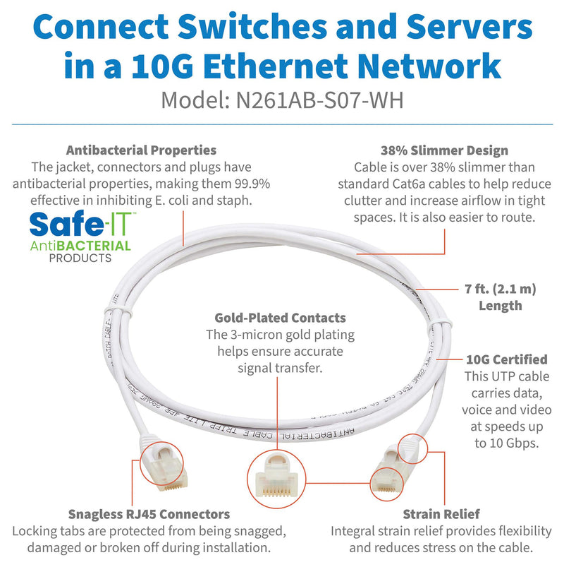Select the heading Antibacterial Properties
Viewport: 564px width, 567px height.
(x=141, y=150)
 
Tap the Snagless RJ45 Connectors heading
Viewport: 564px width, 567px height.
(x=149, y=514)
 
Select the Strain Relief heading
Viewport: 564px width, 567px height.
(x=431, y=514)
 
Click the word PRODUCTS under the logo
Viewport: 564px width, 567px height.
(x=80, y=258)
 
